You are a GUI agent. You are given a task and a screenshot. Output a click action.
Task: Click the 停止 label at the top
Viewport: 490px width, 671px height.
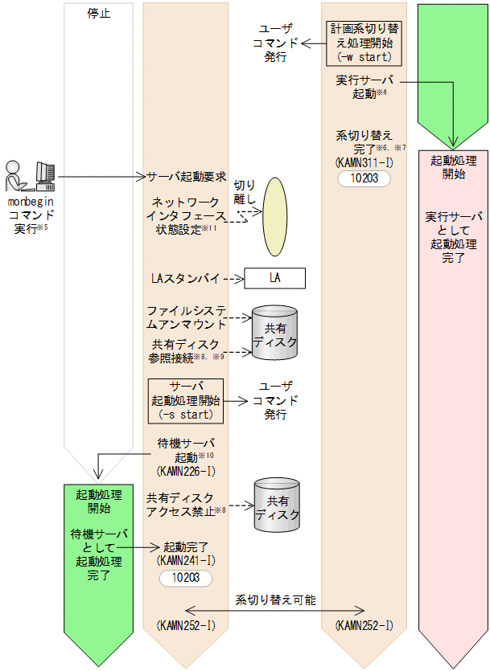[x=98, y=14]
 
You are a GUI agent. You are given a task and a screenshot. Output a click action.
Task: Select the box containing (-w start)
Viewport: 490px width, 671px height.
[x=363, y=42]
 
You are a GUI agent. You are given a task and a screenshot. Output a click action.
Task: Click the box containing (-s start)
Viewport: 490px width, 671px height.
[x=185, y=400]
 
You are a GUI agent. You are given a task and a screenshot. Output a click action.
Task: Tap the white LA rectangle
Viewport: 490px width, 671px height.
[x=275, y=278]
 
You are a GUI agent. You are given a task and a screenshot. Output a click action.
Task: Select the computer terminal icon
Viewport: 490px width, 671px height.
[x=45, y=174]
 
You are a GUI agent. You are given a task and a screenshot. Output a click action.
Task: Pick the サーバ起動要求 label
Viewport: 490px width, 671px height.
[x=187, y=176]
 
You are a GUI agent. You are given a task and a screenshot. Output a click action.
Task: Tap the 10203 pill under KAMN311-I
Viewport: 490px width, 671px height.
[x=363, y=178]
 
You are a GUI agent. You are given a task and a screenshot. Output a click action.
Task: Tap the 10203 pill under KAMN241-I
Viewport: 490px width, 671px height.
[x=186, y=577]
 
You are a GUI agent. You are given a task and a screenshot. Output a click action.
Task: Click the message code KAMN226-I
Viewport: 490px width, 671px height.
[x=186, y=468]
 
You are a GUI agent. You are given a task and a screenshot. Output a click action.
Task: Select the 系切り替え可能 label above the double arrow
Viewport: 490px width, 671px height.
[x=276, y=599]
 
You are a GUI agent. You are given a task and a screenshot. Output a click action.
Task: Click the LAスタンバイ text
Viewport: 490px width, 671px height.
[x=185, y=278]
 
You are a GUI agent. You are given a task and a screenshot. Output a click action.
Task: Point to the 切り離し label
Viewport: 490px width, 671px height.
[x=245, y=192]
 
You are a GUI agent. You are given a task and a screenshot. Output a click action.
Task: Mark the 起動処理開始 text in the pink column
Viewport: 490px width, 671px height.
[x=453, y=166]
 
